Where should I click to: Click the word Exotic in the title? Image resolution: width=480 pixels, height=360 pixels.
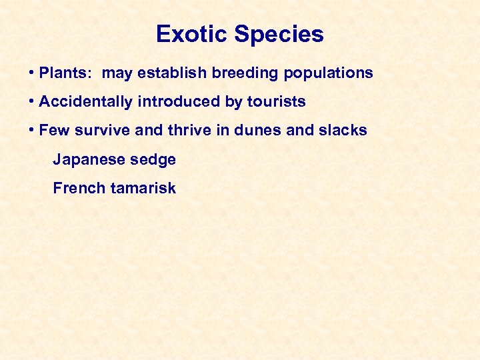click(x=187, y=35)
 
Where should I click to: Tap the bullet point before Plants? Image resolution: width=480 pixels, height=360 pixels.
click(x=32, y=73)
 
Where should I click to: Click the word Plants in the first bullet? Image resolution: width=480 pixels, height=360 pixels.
click(x=65, y=73)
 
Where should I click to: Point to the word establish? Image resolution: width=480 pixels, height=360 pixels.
click(x=173, y=73)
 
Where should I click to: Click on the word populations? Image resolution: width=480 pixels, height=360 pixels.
click(x=329, y=73)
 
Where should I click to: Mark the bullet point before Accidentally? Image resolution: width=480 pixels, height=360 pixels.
click(x=32, y=102)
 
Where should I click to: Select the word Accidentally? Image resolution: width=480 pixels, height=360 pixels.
click(x=86, y=102)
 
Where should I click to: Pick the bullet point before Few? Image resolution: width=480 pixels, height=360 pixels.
click(x=32, y=131)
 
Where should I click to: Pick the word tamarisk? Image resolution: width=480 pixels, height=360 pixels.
click(x=143, y=189)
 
